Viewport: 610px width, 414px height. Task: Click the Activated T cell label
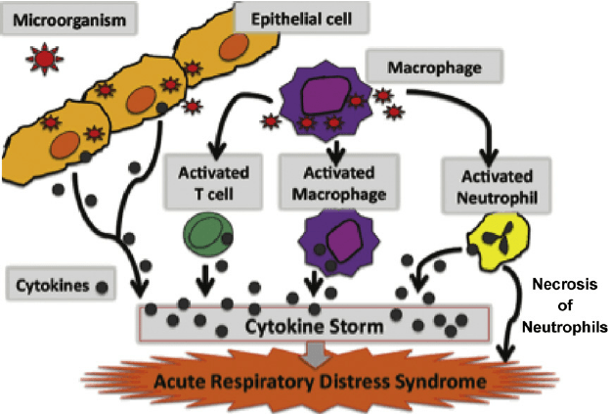208,181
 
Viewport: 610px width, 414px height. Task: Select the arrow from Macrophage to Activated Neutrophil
459,113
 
